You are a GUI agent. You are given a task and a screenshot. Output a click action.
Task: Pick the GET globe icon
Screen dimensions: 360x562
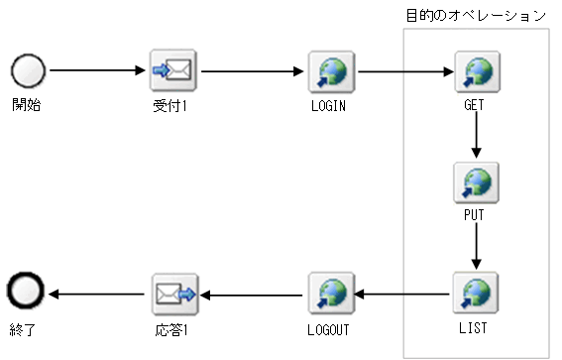pyautogui.click(x=476, y=71)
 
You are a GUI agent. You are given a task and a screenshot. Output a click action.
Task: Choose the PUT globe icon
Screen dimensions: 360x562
pyautogui.click(x=476, y=181)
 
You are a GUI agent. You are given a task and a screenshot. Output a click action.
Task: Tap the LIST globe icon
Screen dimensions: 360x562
pyautogui.click(x=476, y=292)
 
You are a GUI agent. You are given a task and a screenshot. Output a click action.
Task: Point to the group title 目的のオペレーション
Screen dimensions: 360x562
pyautogui.click(x=476, y=15)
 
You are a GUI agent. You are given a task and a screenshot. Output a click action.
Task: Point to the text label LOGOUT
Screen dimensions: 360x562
pyautogui.click(x=327, y=325)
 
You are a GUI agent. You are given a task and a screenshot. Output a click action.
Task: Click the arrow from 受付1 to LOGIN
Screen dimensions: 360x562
pyautogui.click(x=251, y=71)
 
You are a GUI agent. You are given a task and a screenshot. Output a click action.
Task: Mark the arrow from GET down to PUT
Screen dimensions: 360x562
pyautogui.click(x=476, y=135)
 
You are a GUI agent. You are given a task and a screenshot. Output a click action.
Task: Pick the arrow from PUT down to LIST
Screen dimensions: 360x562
pyautogui.click(x=476, y=245)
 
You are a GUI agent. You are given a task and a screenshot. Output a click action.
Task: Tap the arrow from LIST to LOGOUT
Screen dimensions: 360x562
pyautogui.click(x=401, y=293)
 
